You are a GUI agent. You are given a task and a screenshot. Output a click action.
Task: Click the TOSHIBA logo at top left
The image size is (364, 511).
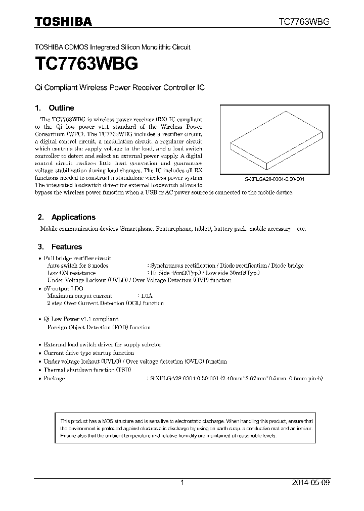tap(63, 21)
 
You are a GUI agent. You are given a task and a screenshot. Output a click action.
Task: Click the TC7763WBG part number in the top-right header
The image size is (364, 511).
tap(304, 22)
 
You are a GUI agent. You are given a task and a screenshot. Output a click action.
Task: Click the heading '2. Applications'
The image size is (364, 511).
tap(66, 217)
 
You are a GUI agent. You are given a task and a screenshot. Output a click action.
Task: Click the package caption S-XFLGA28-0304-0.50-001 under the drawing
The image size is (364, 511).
tap(271, 179)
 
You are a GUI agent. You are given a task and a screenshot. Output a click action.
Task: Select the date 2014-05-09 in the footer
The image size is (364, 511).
tap(310, 483)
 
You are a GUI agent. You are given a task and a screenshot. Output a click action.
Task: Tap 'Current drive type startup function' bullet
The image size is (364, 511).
tap(88, 353)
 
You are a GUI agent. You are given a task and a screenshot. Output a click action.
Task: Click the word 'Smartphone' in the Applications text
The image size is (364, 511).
tap(136, 229)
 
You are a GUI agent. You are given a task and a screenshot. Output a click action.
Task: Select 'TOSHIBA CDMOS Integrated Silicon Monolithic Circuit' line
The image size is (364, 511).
tap(112, 47)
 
